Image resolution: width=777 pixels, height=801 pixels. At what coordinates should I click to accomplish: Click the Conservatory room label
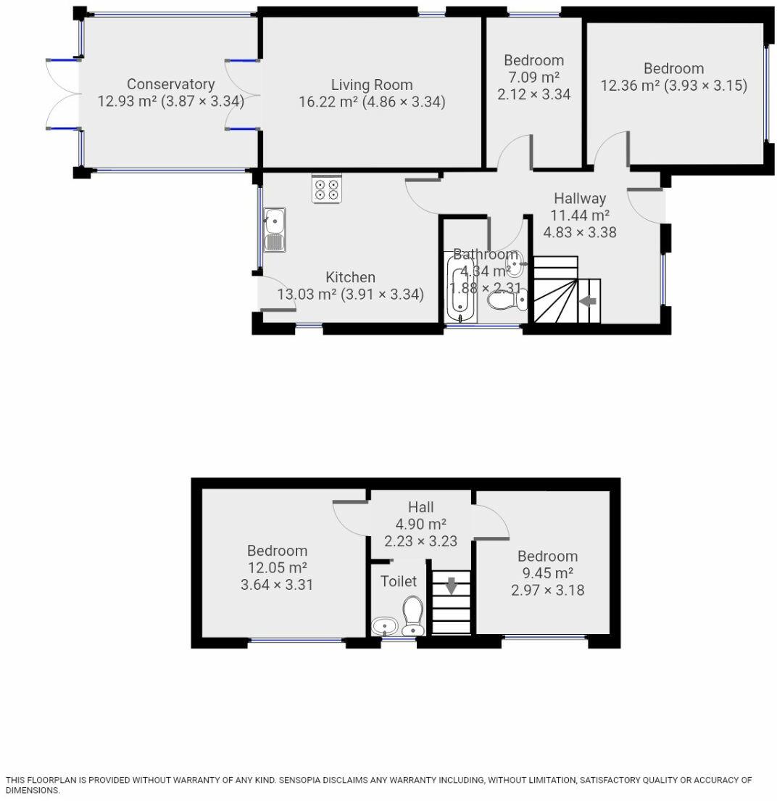(x=170, y=84)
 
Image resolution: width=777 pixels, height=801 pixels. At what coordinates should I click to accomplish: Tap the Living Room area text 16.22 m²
(x=330, y=102)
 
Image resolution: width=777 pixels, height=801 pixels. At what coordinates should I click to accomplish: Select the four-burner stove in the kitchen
(x=326, y=190)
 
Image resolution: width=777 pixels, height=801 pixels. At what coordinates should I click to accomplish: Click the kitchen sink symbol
(x=275, y=229)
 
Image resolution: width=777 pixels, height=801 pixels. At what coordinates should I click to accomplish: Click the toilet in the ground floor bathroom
(x=504, y=300)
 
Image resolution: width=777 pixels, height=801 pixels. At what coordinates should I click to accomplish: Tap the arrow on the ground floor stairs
(x=587, y=301)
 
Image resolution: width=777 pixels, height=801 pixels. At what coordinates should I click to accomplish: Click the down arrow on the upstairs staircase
(x=451, y=585)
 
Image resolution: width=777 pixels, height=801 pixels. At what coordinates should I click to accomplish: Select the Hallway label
(x=579, y=198)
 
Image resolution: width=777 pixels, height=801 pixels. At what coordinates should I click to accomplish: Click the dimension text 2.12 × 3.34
(x=533, y=94)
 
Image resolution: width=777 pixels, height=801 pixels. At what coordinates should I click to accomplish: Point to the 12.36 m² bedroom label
(x=673, y=68)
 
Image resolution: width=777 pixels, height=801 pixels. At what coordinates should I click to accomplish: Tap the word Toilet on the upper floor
(x=399, y=581)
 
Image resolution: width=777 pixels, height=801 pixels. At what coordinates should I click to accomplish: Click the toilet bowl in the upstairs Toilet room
(x=413, y=616)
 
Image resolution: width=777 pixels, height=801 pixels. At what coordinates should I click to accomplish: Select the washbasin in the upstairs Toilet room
(x=384, y=626)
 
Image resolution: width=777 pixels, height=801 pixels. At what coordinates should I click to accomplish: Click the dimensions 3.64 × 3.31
(x=277, y=584)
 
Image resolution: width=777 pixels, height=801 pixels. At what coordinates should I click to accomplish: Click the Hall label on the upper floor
(x=420, y=506)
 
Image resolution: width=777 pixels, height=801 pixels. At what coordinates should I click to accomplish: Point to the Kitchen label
(x=350, y=277)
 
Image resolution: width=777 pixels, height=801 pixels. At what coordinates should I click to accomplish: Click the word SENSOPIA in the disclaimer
(x=306, y=780)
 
